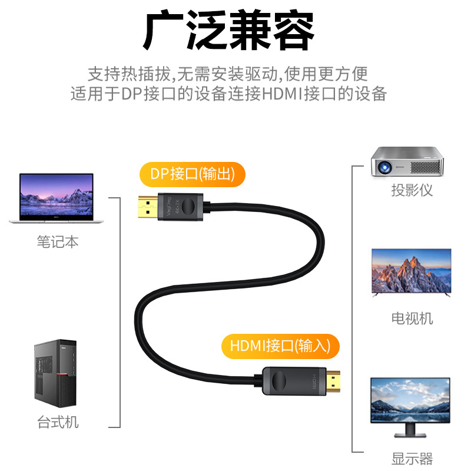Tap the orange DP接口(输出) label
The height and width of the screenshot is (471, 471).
pos(191,174)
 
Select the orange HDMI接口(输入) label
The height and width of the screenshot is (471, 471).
pos(280,346)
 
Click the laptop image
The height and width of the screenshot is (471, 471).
pos(57,198)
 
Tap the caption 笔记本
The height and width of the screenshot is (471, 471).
pos(57,242)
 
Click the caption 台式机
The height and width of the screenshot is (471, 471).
pos(57,422)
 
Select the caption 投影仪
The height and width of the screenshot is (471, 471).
pos(412,191)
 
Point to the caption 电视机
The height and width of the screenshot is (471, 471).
pos(412,319)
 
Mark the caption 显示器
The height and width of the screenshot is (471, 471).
pos(412,458)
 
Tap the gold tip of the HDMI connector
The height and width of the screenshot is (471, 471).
pos(336,383)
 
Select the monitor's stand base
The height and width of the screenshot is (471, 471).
pos(411,434)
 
